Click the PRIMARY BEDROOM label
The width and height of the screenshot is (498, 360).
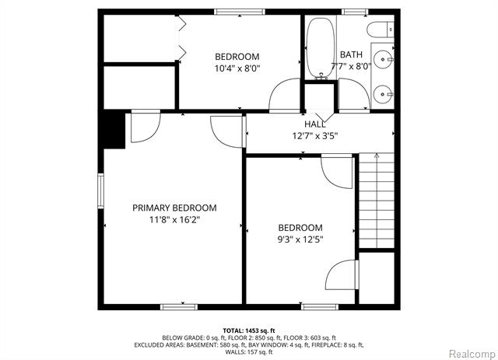[x=174, y=208]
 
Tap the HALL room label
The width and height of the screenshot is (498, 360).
[x=314, y=124]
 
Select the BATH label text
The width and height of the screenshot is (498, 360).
[x=351, y=54]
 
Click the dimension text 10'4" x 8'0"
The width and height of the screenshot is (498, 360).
[x=237, y=68]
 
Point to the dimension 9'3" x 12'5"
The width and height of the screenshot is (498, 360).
[x=300, y=239]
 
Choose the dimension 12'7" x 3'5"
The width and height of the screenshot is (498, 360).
[x=314, y=136]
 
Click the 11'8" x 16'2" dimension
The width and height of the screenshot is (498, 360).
[x=174, y=220]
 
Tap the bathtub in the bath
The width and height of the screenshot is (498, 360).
[x=321, y=48]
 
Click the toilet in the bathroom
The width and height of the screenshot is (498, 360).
[x=381, y=30]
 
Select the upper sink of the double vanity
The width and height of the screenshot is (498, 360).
[x=383, y=59]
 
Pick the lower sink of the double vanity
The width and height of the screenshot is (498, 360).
[x=383, y=94]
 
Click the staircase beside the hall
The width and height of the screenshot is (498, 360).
[x=377, y=201]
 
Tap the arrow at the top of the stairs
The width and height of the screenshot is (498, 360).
[x=377, y=156]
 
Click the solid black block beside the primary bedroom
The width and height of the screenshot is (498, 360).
[x=114, y=130]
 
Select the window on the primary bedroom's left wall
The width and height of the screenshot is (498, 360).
[x=100, y=190]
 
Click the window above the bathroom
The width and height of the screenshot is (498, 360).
[x=355, y=12]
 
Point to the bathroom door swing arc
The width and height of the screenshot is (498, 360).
[x=359, y=84]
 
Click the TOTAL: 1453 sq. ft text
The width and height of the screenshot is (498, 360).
[x=249, y=330]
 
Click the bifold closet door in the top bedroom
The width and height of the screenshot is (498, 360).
[x=181, y=38]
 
